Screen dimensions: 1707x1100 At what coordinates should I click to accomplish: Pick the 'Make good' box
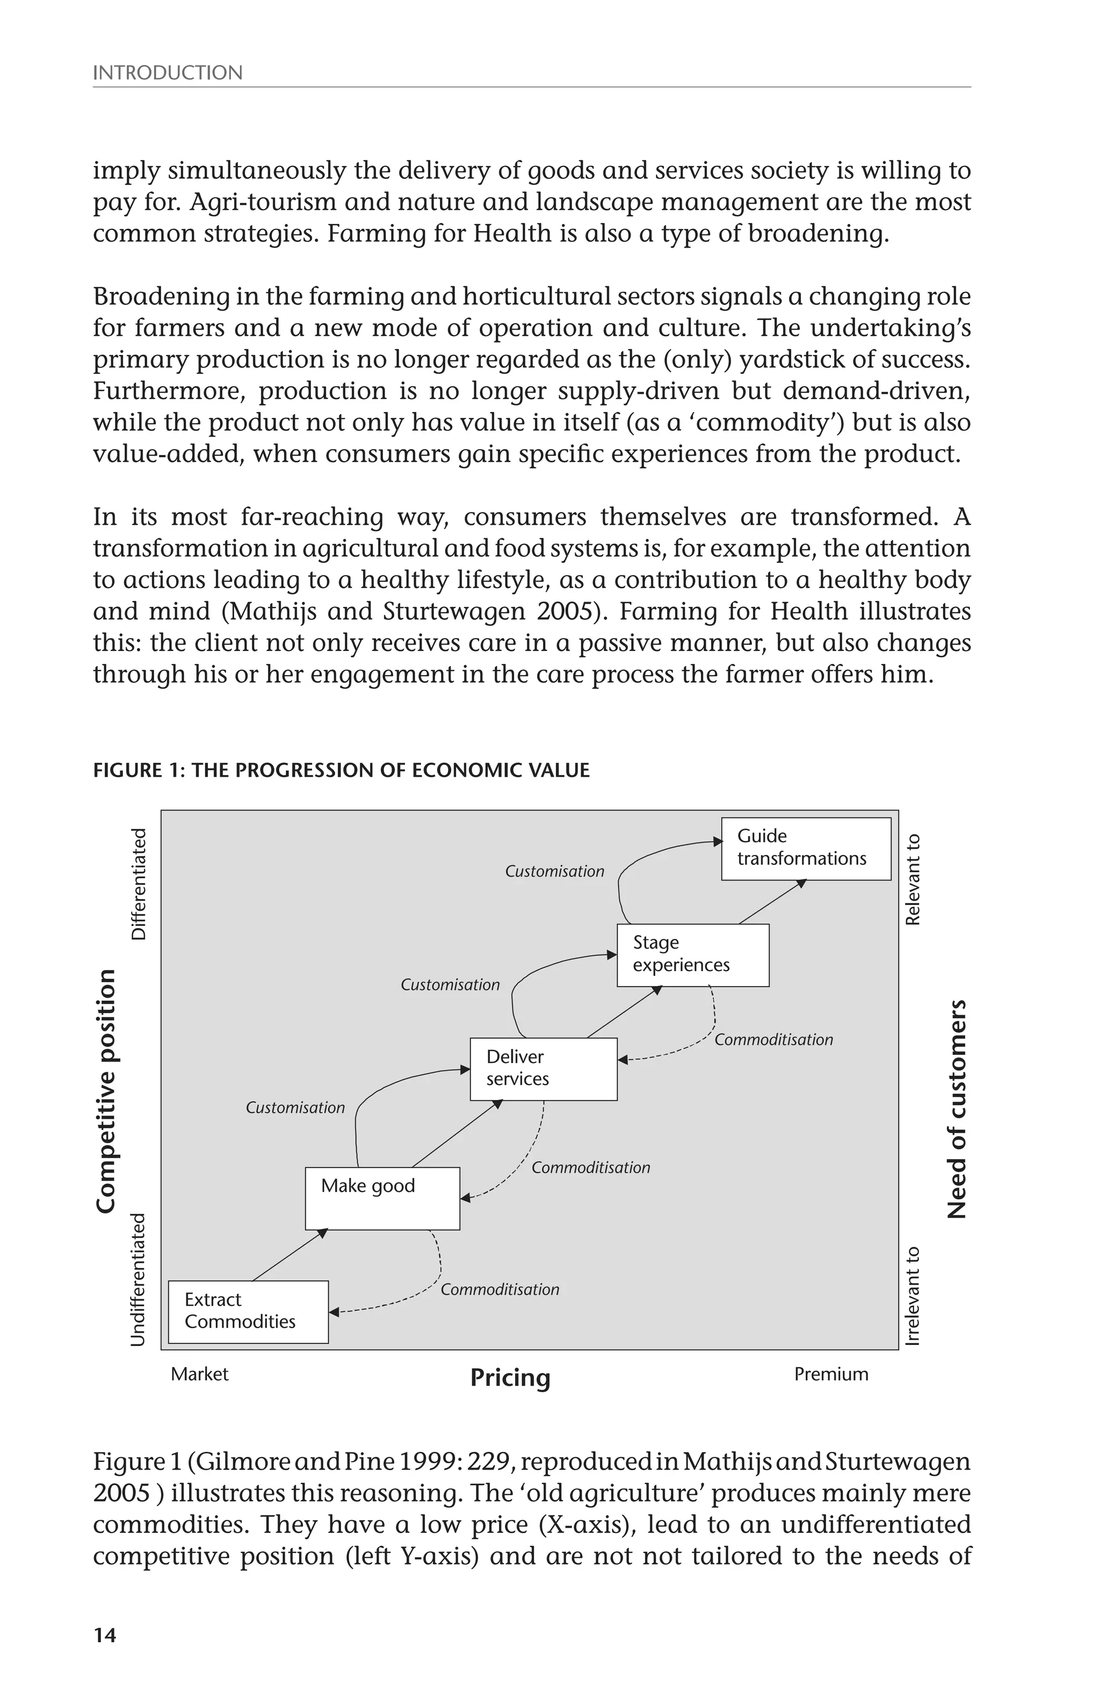click(382, 1198)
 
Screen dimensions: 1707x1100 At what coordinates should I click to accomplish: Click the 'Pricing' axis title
click(510, 1377)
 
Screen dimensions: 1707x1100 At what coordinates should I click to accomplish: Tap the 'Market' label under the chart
click(199, 1374)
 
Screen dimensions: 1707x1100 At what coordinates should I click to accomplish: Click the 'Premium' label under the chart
click(831, 1374)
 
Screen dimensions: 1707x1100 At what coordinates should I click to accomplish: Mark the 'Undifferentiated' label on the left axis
click(139, 1279)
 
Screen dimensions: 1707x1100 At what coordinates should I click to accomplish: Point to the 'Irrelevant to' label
click(913, 1296)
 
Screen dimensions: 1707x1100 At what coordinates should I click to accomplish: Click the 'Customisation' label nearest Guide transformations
click(554, 871)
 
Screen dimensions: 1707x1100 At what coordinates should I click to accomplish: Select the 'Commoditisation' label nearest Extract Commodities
click(500, 1289)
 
